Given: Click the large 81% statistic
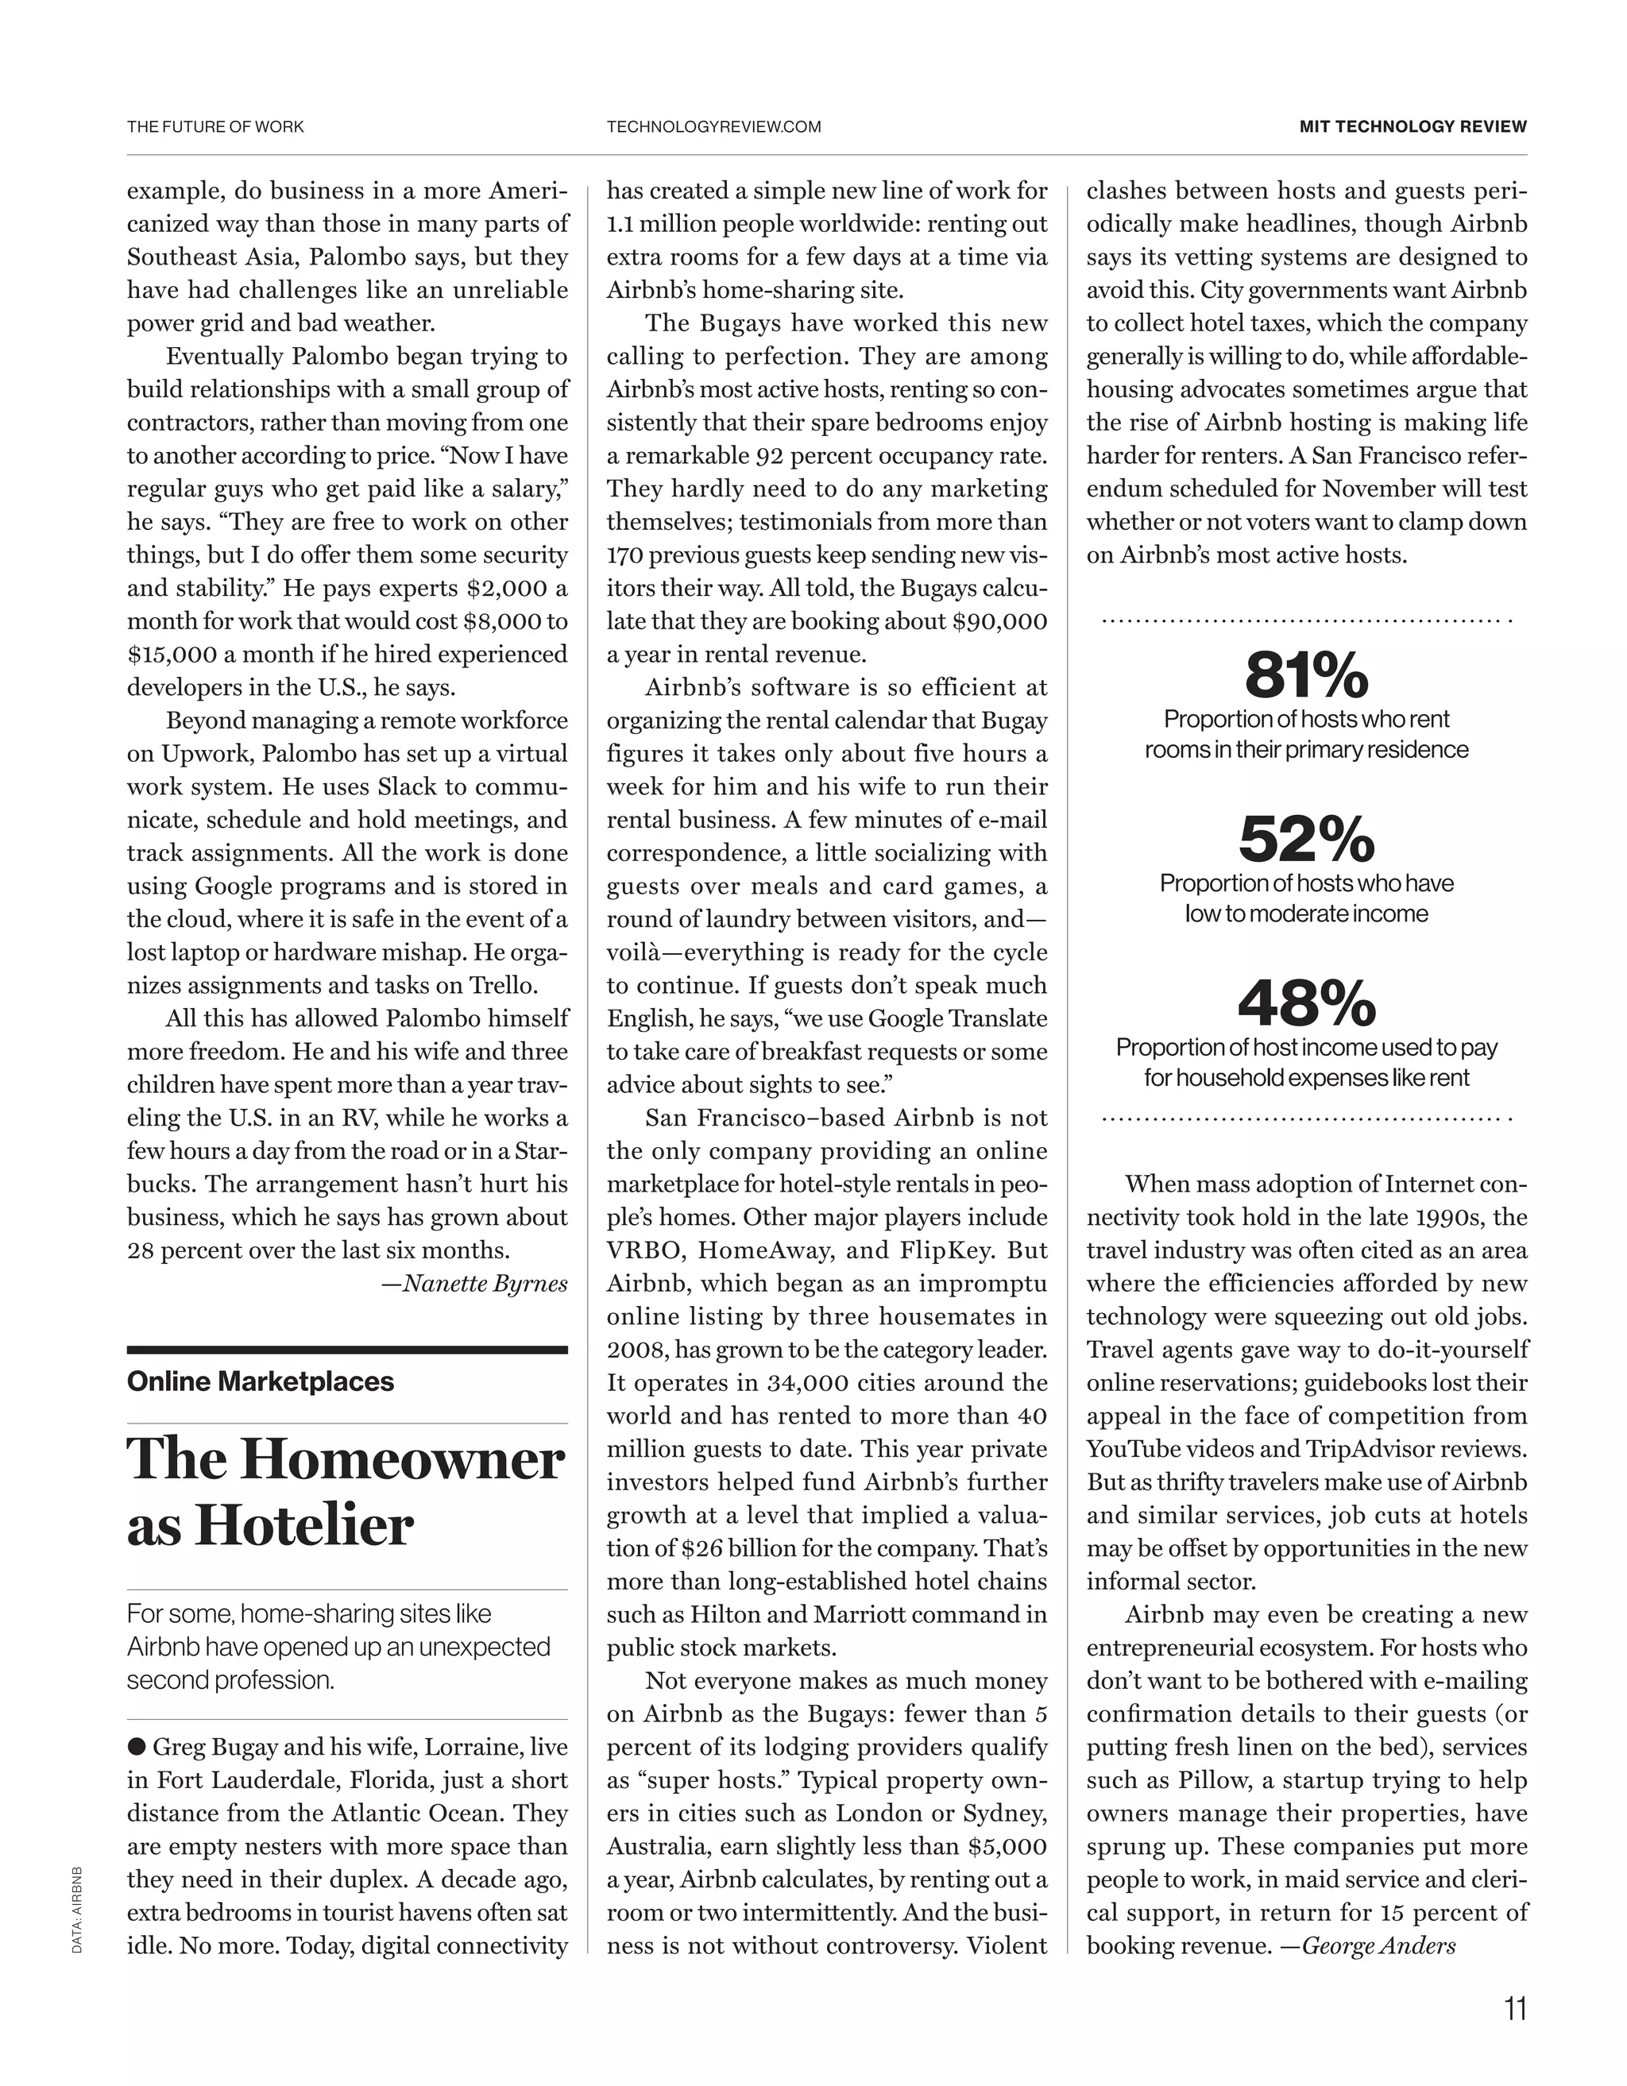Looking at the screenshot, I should (x=1306, y=675).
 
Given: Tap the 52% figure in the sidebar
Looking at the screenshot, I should (x=1306, y=840).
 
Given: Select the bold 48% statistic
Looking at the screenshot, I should (x=1306, y=1002).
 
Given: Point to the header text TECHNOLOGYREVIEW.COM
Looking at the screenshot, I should (x=713, y=126).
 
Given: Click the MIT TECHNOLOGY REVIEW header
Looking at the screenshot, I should (x=1413, y=126).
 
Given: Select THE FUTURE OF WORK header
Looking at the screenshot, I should (x=216, y=126).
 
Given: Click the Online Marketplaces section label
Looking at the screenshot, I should (x=260, y=1381).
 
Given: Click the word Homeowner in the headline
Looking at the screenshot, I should (x=400, y=1459).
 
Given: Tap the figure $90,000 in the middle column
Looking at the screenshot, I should (x=999, y=621).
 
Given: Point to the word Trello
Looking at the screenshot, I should (x=503, y=985).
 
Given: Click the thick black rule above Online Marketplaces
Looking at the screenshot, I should (x=347, y=1350).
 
